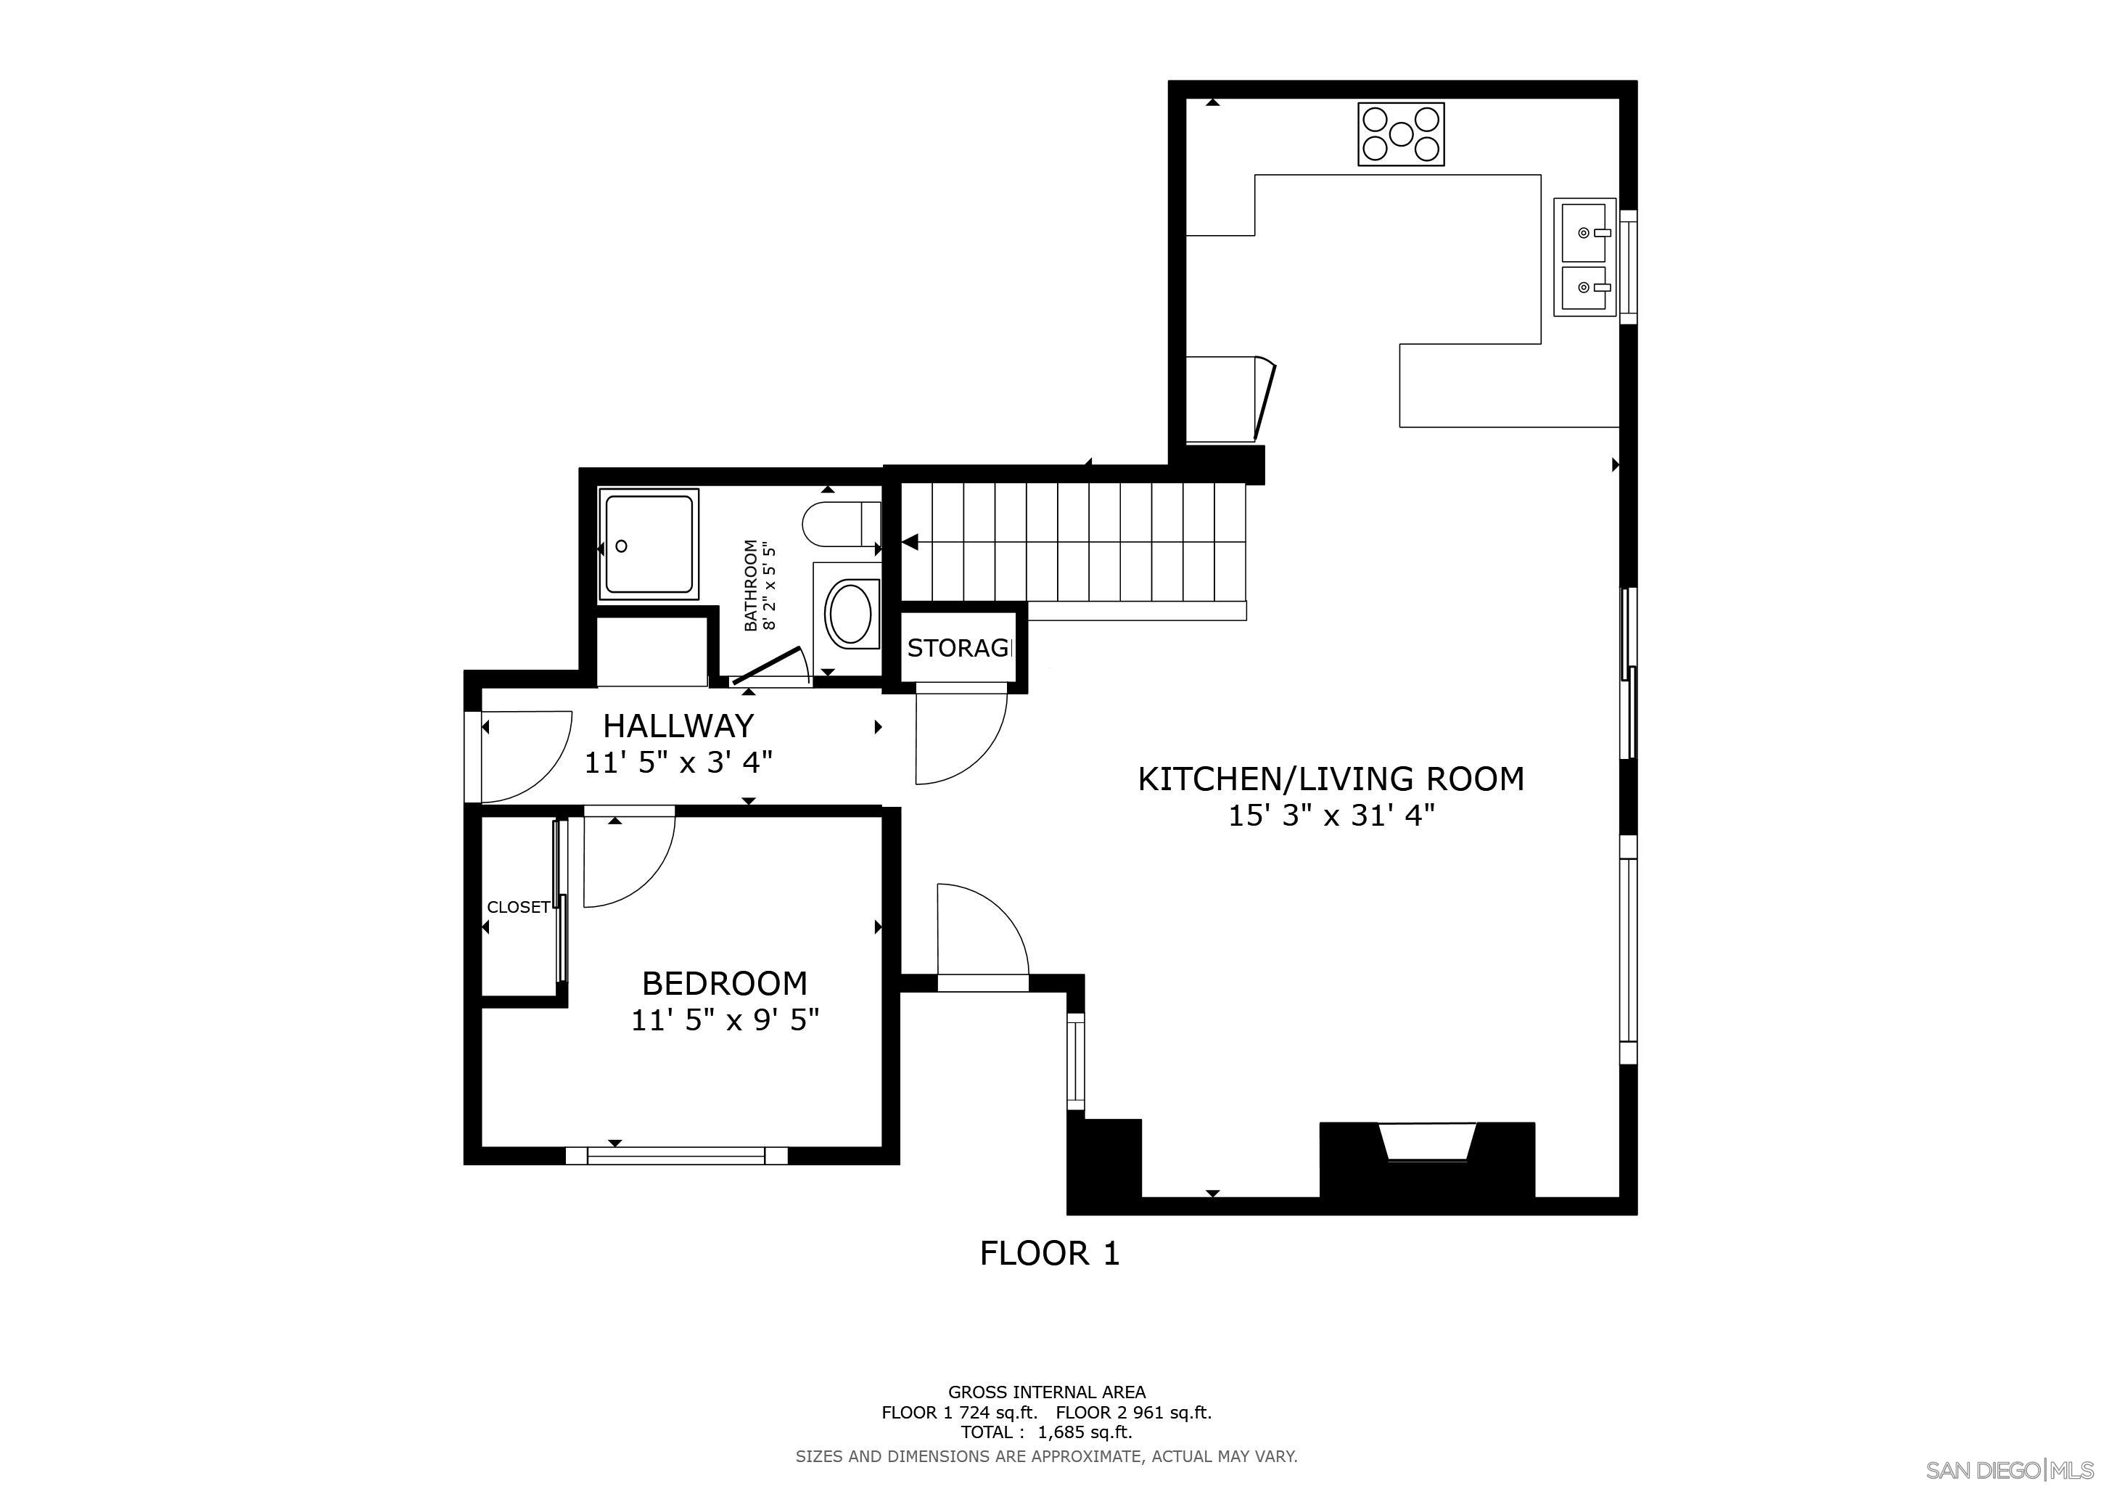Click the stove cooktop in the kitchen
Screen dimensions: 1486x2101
(x=1401, y=134)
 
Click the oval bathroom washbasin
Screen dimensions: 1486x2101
(x=851, y=613)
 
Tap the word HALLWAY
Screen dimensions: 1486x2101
(x=678, y=726)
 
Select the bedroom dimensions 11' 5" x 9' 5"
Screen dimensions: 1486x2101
(x=724, y=1019)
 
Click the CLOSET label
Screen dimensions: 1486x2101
(x=518, y=907)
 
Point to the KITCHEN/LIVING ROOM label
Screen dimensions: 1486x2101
(x=1331, y=779)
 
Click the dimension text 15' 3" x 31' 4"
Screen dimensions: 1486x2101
(x=1331, y=816)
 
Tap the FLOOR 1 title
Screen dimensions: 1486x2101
(x=1050, y=1252)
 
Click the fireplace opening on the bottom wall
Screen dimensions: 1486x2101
(x=1426, y=1144)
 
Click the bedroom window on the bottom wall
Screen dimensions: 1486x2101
(x=676, y=1156)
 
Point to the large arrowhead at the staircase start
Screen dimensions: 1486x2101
(x=910, y=543)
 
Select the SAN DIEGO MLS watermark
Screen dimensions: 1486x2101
(x=2010, y=1469)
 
